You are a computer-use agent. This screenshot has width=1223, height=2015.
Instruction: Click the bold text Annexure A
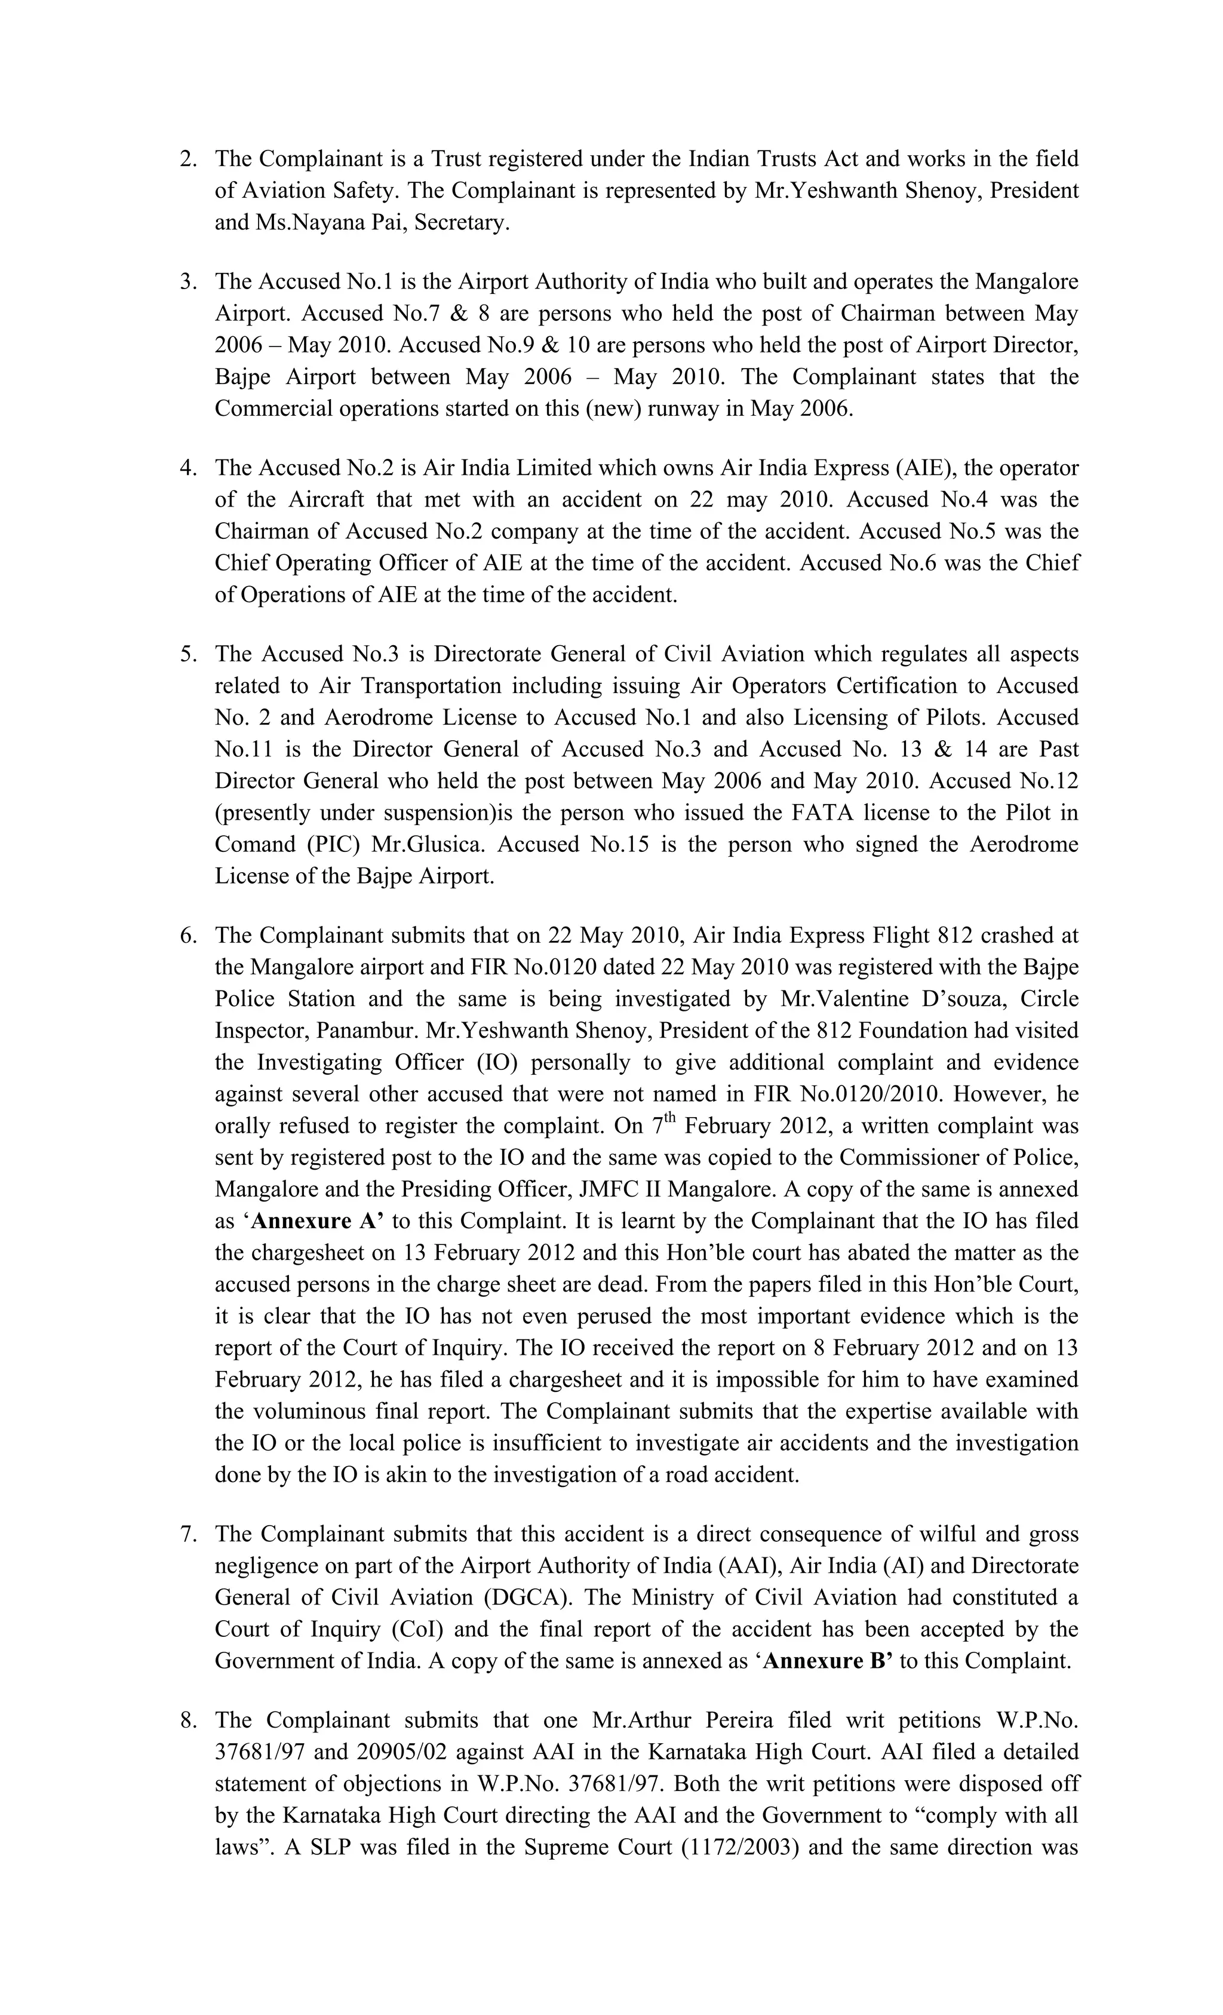pos(317,1222)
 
